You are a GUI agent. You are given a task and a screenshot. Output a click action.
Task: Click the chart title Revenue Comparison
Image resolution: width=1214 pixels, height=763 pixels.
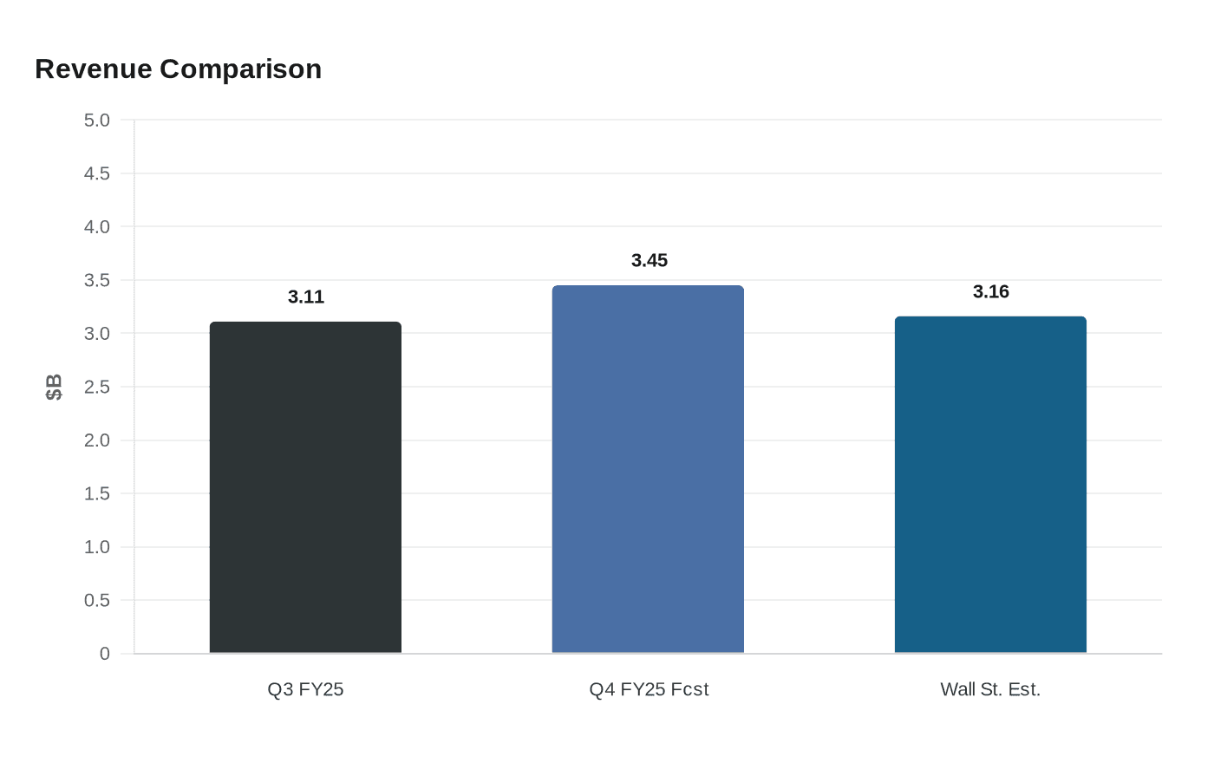178,69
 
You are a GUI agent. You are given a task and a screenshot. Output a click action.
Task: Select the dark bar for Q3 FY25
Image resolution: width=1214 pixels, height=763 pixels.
305,487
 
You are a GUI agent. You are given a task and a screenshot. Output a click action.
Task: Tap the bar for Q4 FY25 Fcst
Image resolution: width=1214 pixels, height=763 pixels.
648,469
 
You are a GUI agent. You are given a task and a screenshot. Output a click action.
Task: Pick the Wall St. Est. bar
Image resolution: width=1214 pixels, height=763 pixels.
990,485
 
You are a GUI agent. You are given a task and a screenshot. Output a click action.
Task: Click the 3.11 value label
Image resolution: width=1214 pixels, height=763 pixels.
306,297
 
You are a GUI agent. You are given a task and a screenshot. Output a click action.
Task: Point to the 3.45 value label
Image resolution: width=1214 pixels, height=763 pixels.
649,261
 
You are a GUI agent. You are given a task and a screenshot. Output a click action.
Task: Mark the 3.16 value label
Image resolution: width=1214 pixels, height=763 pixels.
991,292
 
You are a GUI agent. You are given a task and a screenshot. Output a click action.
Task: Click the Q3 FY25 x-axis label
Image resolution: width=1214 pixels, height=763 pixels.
305,689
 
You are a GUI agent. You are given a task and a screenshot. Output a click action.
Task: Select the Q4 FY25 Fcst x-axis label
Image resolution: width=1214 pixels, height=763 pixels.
649,689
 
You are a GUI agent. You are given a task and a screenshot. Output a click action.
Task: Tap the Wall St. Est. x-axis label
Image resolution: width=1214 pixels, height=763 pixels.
990,689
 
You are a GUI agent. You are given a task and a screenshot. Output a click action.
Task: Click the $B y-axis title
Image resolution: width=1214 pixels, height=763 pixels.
54,387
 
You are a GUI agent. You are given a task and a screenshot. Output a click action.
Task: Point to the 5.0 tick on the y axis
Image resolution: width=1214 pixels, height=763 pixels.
97,121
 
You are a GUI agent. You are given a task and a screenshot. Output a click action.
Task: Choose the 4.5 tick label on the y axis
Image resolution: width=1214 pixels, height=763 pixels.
97,174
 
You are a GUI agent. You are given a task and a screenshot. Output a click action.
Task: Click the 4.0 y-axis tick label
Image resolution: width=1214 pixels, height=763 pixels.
97,227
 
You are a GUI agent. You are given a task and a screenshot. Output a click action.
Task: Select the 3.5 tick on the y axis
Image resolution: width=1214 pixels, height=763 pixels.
97,281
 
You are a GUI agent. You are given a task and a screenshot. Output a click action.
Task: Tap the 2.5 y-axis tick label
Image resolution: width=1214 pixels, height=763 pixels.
97,388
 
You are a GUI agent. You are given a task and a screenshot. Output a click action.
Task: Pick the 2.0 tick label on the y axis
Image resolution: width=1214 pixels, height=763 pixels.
97,440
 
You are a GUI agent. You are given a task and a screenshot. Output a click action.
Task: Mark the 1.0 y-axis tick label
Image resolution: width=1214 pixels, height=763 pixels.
97,547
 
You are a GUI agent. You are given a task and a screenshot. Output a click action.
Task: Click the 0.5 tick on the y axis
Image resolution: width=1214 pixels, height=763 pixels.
97,601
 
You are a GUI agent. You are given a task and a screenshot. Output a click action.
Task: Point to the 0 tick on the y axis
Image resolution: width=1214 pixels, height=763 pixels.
105,654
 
